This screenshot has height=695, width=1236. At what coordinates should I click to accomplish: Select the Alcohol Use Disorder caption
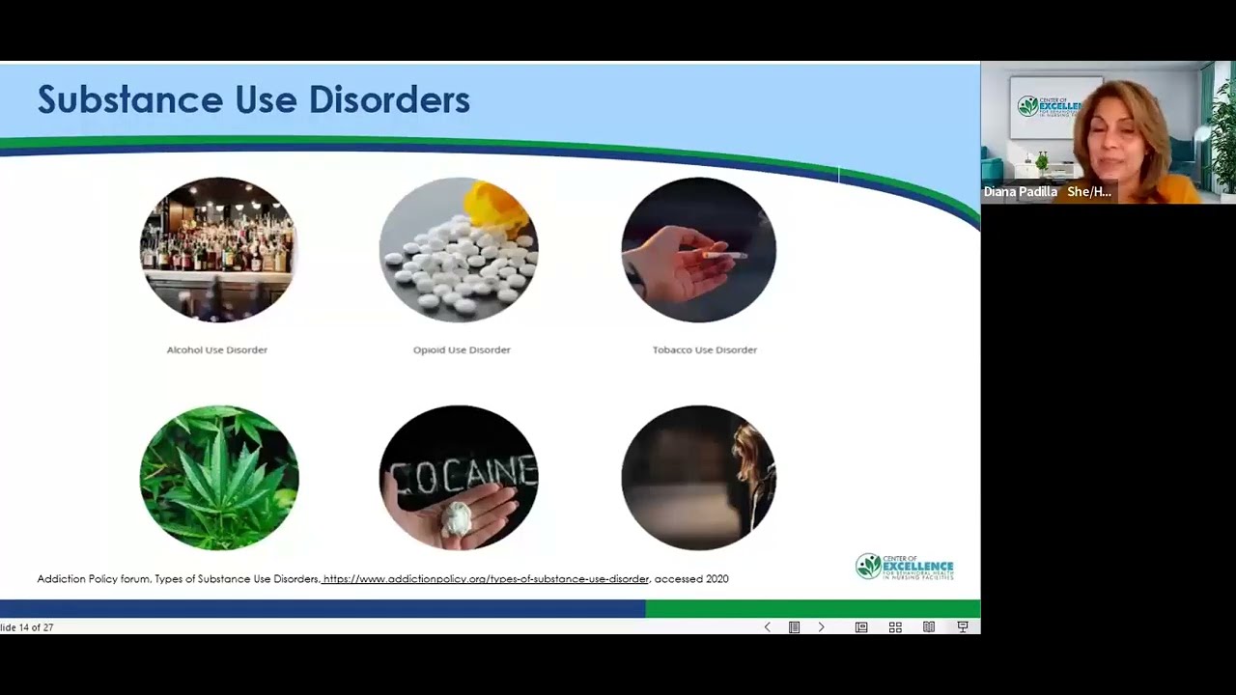(217, 349)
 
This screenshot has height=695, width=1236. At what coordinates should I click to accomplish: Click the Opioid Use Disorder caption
(462, 349)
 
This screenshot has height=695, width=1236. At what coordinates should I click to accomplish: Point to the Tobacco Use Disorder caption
(705, 349)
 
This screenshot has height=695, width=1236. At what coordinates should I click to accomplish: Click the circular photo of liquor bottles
(218, 249)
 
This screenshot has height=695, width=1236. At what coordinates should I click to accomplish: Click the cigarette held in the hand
(723, 255)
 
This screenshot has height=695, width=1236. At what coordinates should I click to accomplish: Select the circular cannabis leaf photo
(219, 478)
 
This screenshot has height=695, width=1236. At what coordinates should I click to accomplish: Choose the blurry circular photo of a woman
(698, 478)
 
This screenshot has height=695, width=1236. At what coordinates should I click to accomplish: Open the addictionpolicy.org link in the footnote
(486, 579)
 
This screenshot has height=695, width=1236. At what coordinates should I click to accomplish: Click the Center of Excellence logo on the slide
(904, 566)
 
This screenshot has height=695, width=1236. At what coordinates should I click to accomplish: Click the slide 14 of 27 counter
(27, 627)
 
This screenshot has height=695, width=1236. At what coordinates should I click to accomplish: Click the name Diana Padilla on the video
(1020, 192)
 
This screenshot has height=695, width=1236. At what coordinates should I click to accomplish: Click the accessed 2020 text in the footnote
(691, 579)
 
